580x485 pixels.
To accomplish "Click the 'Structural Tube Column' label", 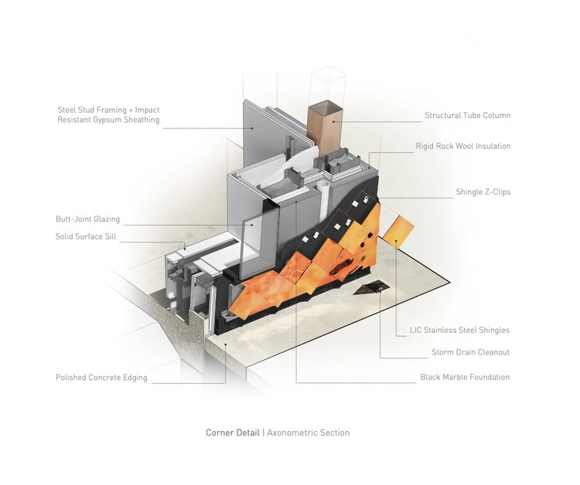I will pyautogui.click(x=467, y=116).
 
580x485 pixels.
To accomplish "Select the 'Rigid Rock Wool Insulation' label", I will pyautogui.click(x=462, y=146).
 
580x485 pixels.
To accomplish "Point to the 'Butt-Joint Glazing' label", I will pyautogui.click(x=87, y=219).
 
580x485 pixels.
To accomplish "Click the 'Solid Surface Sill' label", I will pyautogui.click(x=85, y=236).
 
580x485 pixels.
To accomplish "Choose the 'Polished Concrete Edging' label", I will pyautogui.click(x=101, y=378).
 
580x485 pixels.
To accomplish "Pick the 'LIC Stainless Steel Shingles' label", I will pyautogui.click(x=459, y=331).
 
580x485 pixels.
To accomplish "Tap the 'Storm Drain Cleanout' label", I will pyautogui.click(x=470, y=353).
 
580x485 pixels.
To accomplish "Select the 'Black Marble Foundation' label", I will pyautogui.click(x=465, y=378).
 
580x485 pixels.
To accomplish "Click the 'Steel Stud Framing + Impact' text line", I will pyautogui.click(x=107, y=110).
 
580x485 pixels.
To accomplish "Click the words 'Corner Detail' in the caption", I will pyautogui.click(x=233, y=432).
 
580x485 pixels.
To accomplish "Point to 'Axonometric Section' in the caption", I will pyautogui.click(x=309, y=432).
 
